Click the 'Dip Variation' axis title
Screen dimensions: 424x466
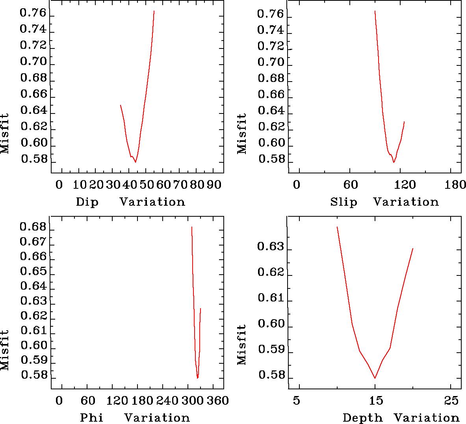click(130, 202)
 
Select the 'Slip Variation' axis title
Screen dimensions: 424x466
click(384, 202)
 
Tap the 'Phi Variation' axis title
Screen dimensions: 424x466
click(135, 417)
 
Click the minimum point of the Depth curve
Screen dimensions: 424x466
click(375, 378)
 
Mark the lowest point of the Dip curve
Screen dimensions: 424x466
click(136, 162)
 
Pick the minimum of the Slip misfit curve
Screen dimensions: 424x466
click(394, 162)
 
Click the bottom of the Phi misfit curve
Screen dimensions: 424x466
click(198, 378)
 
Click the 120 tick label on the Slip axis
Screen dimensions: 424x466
click(406, 185)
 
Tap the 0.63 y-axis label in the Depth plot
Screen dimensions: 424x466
click(270, 247)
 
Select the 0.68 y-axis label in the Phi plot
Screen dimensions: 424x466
click(33, 227)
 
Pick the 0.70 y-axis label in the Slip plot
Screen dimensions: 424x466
click(270, 62)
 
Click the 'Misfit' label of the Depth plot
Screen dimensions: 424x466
click(242, 344)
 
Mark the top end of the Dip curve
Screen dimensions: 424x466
click(154, 11)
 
